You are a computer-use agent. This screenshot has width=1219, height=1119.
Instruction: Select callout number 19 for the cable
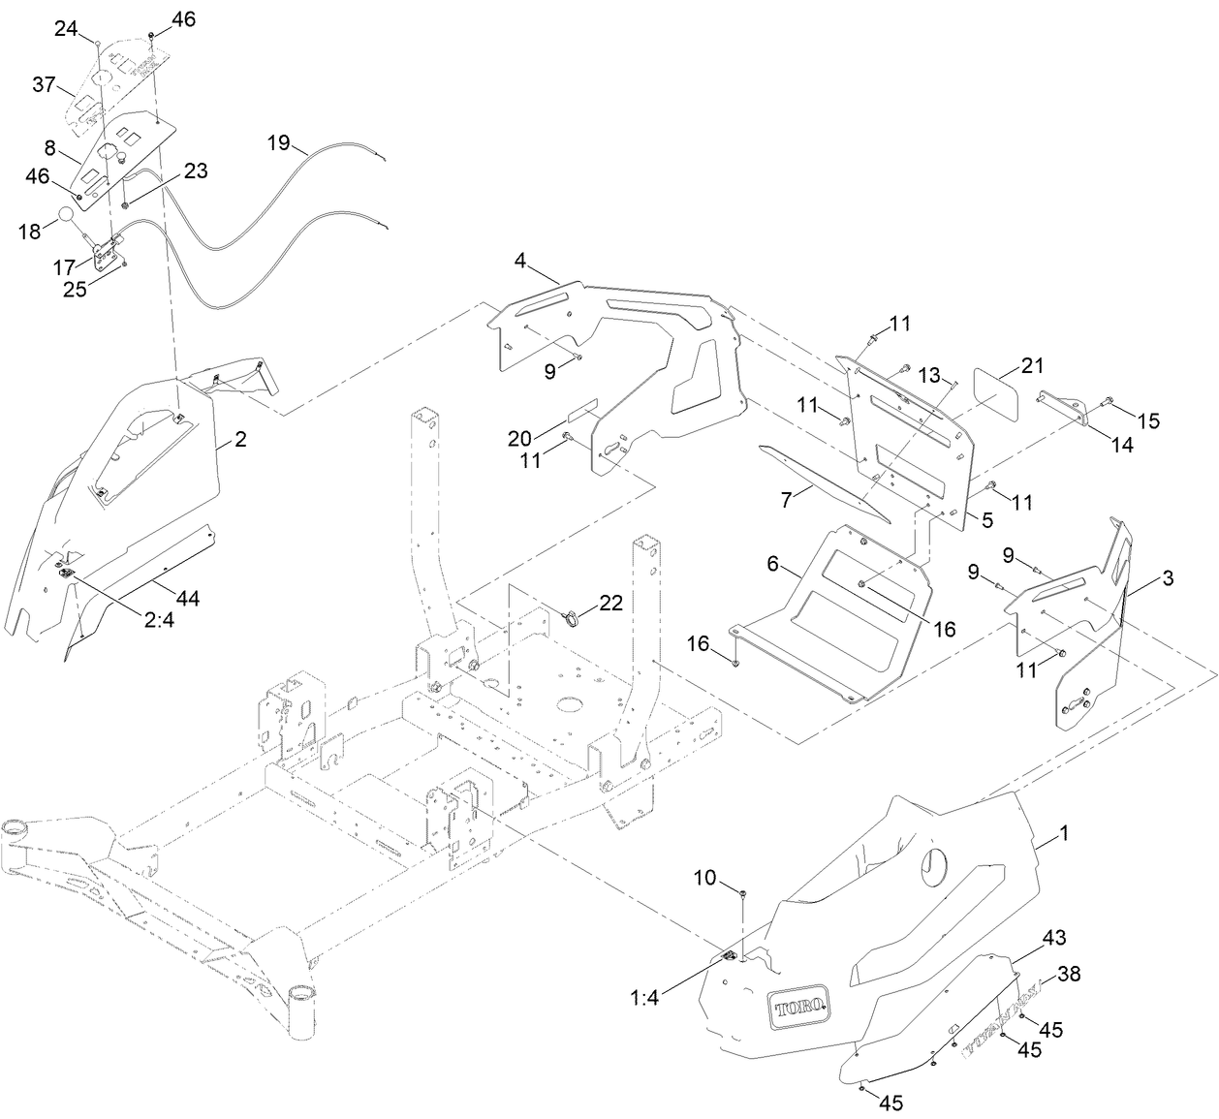(278, 143)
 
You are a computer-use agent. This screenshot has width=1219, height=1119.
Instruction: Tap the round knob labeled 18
(65, 216)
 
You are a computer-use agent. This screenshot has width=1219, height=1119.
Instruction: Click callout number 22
(610, 603)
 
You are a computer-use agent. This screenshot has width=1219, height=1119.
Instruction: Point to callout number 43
(1054, 938)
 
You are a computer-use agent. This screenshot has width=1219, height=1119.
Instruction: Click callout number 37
(45, 85)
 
